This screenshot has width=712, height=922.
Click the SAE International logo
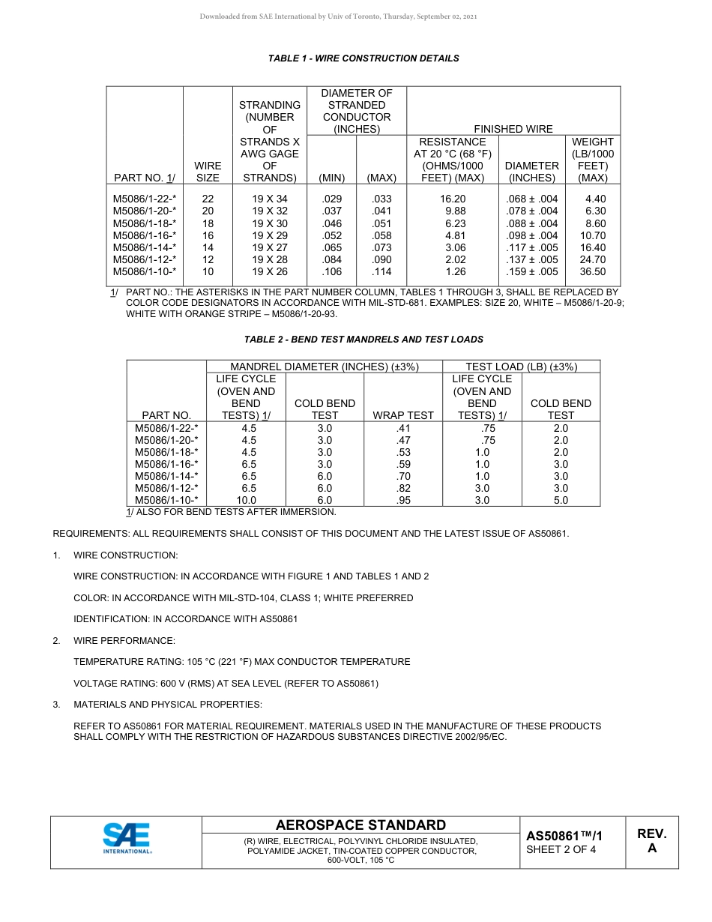point(127,838)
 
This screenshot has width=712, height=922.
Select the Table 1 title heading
point(363,58)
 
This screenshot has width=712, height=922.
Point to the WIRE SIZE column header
point(208,172)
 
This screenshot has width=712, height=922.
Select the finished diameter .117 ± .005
point(532,247)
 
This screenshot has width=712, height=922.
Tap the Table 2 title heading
point(363,340)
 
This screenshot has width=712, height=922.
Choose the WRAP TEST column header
point(403,415)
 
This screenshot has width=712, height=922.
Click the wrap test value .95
point(403,500)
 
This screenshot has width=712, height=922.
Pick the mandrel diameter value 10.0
point(247,500)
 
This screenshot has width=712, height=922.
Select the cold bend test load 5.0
point(561,500)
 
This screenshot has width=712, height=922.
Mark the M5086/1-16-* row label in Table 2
point(166,464)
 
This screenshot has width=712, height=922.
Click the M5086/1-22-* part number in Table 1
point(145,199)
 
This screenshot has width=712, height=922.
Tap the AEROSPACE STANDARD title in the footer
point(360,825)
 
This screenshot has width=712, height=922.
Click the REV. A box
point(651,841)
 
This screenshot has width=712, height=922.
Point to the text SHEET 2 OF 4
point(561,849)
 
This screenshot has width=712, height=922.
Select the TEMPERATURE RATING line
point(241,662)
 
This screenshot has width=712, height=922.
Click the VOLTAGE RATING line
point(226,684)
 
